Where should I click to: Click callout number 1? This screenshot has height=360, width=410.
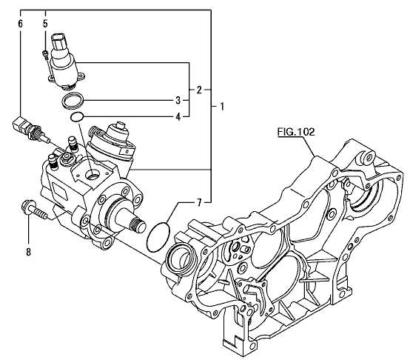point(222,107)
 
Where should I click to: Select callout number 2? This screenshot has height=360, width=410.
point(199,90)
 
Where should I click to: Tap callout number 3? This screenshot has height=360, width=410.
point(178,100)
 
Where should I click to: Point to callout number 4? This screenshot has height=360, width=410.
point(178,117)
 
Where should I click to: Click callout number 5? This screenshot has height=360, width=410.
point(45,24)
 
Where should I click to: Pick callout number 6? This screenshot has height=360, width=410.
point(21,24)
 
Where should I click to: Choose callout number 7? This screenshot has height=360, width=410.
point(199,202)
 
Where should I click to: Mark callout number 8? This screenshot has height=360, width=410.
point(28,252)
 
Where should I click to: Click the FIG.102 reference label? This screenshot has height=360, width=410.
point(296,132)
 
